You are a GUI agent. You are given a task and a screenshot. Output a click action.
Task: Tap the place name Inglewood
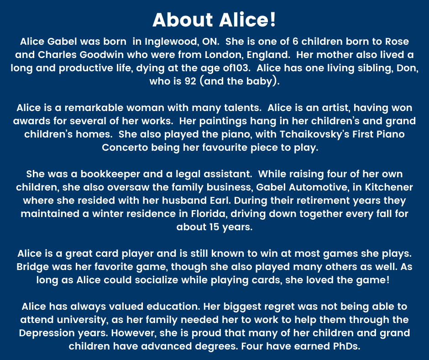tap(171, 42)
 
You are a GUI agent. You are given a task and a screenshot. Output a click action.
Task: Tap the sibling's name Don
tap(402, 69)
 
